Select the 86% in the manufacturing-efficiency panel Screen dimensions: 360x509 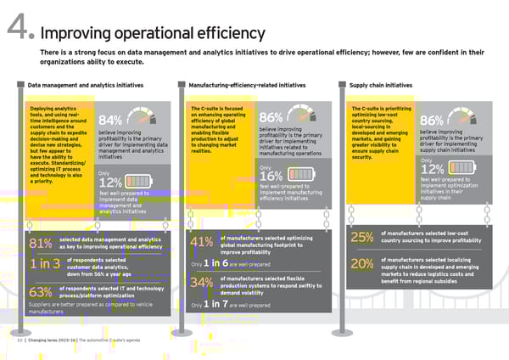(x=271, y=119)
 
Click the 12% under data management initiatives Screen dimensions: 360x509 (x=111, y=183)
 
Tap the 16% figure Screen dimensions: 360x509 (x=271, y=177)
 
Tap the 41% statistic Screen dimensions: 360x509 (x=203, y=244)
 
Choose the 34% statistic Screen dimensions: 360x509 (x=203, y=283)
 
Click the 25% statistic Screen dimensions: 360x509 (x=362, y=238)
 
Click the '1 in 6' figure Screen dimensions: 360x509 (x=215, y=264)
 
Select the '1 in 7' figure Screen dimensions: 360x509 (x=215, y=304)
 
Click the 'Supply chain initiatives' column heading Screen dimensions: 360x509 (x=381, y=86)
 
